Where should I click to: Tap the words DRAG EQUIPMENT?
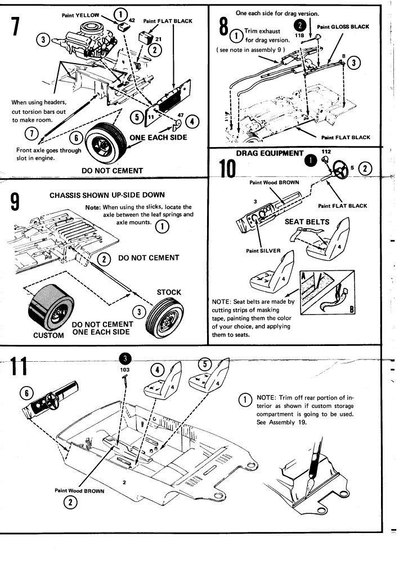click(270, 153)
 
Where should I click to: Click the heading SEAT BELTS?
click(307, 221)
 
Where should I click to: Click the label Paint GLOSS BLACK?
click(343, 26)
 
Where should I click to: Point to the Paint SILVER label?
click(262, 251)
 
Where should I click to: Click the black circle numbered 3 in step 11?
click(125, 359)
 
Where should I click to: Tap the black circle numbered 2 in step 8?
click(301, 25)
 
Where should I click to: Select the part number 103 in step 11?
click(125, 370)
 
